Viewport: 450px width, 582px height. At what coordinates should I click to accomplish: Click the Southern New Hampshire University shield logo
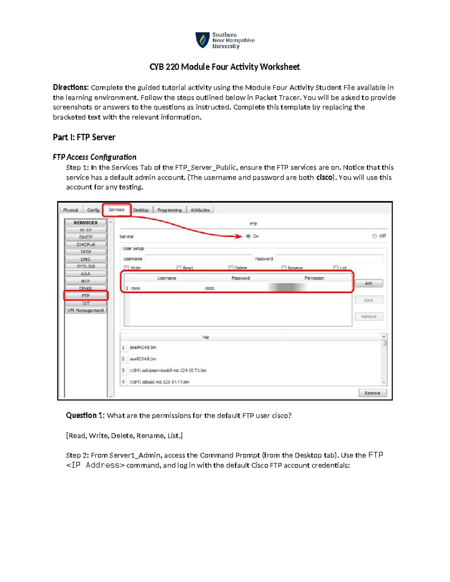[x=202, y=40]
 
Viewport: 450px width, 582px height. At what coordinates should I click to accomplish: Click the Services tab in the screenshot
[x=116, y=210]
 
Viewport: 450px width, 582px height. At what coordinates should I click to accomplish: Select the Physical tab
[x=70, y=210]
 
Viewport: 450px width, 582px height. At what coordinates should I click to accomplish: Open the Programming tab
[x=169, y=210]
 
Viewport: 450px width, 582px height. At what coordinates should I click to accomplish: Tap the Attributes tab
[x=200, y=210]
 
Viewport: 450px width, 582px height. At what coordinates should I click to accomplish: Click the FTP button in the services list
[x=85, y=296]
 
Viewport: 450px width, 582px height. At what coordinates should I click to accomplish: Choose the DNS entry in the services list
[x=85, y=259]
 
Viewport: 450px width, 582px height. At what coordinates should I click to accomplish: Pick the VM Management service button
[x=85, y=310]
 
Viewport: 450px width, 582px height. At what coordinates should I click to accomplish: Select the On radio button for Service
[x=248, y=236]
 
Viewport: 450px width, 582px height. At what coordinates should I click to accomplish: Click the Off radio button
[x=374, y=236]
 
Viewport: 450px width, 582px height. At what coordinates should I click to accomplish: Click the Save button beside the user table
[x=369, y=300]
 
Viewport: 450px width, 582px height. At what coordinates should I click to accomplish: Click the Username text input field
[x=198, y=259]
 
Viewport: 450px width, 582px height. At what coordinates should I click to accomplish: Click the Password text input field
[x=329, y=259]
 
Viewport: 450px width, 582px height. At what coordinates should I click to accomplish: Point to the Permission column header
[x=314, y=278]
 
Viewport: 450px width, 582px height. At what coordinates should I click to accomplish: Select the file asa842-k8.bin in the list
[x=143, y=347]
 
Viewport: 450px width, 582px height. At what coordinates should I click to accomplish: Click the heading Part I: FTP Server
[x=84, y=137]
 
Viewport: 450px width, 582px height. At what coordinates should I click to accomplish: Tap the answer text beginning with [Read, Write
[x=124, y=435]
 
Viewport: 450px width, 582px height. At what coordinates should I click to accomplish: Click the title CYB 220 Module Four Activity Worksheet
[x=225, y=67]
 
